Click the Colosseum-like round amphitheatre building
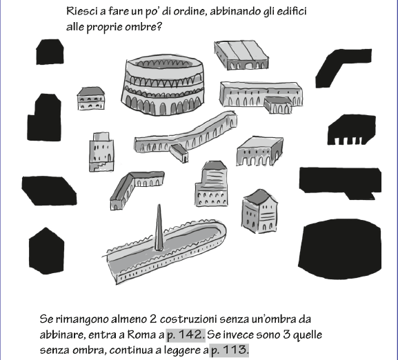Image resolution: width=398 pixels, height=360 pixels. pos(163,85)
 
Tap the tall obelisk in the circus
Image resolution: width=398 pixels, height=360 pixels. pos(159,228)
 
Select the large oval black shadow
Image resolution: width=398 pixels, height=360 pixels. pos(339,249)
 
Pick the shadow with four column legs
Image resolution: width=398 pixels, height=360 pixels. pos(351,130)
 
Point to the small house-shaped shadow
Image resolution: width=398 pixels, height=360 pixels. pos(50,52)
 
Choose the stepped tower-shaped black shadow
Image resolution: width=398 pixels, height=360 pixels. pos(44,117)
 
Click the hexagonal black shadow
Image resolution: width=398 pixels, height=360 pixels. pos(46,251)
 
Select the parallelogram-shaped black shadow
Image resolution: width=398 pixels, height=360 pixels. pos(49,190)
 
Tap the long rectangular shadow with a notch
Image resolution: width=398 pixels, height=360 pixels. pos(340,181)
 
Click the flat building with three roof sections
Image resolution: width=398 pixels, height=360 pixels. pos(241,54)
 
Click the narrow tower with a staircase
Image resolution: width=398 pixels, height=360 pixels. pos(101,152)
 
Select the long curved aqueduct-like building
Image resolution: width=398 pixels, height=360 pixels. pos(186,137)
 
